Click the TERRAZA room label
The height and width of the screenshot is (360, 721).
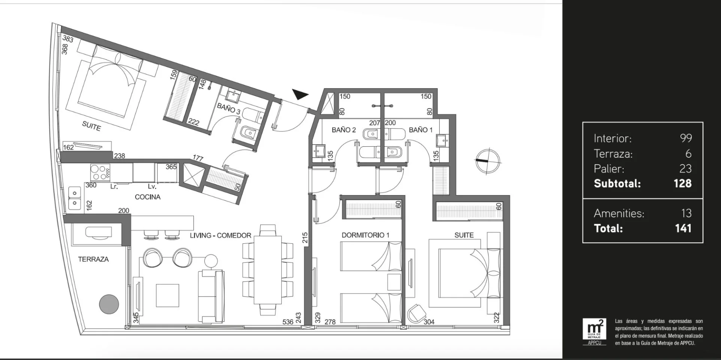93,259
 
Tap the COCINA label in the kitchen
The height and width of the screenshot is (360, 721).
148,197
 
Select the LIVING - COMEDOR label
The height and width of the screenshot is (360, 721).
220,235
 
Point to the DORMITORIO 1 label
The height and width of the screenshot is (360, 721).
365,235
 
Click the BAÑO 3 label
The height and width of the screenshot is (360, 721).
229,108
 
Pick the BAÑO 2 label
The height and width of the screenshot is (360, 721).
344,130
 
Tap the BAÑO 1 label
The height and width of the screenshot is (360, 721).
421,130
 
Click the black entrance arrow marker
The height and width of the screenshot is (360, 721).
299,95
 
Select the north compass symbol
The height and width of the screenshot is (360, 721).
487,161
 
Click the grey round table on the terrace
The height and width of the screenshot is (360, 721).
109,304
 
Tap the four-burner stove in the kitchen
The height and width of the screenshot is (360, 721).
100,173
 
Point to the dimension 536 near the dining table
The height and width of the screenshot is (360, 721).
288,322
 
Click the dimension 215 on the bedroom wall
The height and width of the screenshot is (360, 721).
305,238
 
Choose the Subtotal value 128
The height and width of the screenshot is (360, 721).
682,184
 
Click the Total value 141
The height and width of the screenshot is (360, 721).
683,228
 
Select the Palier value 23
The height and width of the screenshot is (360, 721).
685,169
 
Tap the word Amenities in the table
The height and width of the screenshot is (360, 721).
619,213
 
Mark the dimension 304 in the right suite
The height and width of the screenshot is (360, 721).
429,322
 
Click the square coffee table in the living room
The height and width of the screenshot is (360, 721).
167,295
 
